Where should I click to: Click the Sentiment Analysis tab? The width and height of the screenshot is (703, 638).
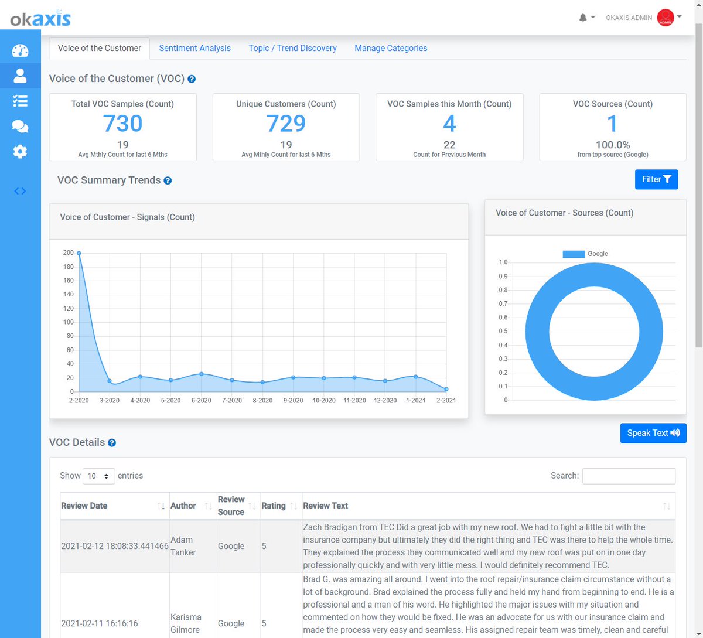click(194, 48)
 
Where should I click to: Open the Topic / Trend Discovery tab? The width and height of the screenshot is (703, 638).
click(292, 48)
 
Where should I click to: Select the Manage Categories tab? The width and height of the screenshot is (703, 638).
click(391, 48)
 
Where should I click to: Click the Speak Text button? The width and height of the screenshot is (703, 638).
click(653, 433)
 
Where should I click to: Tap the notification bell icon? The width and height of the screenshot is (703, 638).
click(583, 18)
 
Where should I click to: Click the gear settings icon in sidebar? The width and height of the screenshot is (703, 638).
click(20, 152)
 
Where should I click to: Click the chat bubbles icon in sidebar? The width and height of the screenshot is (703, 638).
click(20, 127)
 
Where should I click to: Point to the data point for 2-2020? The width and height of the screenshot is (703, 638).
click(79, 253)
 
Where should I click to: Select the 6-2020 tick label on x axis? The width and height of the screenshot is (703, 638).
click(201, 401)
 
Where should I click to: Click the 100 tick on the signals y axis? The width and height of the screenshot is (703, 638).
click(69, 322)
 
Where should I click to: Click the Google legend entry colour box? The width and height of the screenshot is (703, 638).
click(574, 254)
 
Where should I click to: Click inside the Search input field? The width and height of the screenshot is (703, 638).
click(629, 476)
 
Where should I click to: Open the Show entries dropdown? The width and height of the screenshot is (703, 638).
click(99, 476)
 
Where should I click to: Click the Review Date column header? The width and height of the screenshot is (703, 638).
click(84, 506)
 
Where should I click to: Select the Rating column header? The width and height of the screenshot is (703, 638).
click(274, 506)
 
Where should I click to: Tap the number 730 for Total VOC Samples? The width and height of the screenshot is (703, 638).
click(122, 124)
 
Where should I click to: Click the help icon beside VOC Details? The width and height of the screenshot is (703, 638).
click(112, 443)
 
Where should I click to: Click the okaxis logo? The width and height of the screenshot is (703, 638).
click(40, 19)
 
